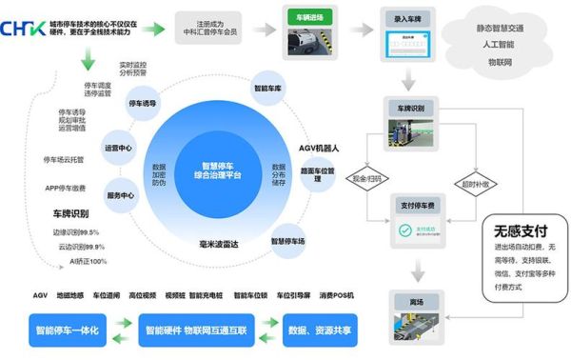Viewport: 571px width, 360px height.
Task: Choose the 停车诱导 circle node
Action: pyautogui.click(x=141, y=103)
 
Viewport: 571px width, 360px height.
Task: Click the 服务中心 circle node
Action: pyautogui.click(x=121, y=195)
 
